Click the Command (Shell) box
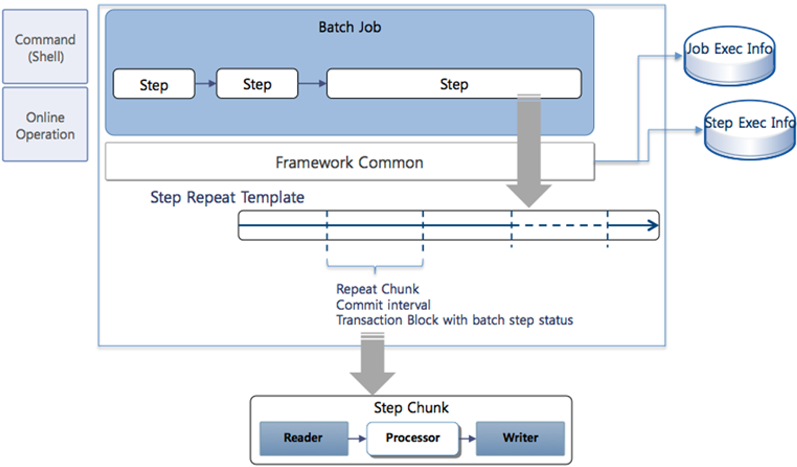click(x=45, y=47)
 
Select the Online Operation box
click(x=45, y=125)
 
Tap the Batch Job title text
click(x=349, y=27)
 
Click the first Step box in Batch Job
click(x=153, y=84)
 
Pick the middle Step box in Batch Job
click(x=257, y=84)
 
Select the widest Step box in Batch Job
click(x=454, y=84)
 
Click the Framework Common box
click(x=349, y=162)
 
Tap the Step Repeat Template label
click(x=227, y=197)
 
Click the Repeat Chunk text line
click(x=377, y=289)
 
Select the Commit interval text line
click(x=383, y=305)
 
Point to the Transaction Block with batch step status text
click(x=454, y=321)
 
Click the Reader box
click(x=303, y=438)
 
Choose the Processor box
click(x=413, y=438)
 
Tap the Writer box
click(x=520, y=438)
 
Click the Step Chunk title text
click(x=411, y=408)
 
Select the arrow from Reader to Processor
click(x=357, y=438)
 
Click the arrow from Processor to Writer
click(x=467, y=438)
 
